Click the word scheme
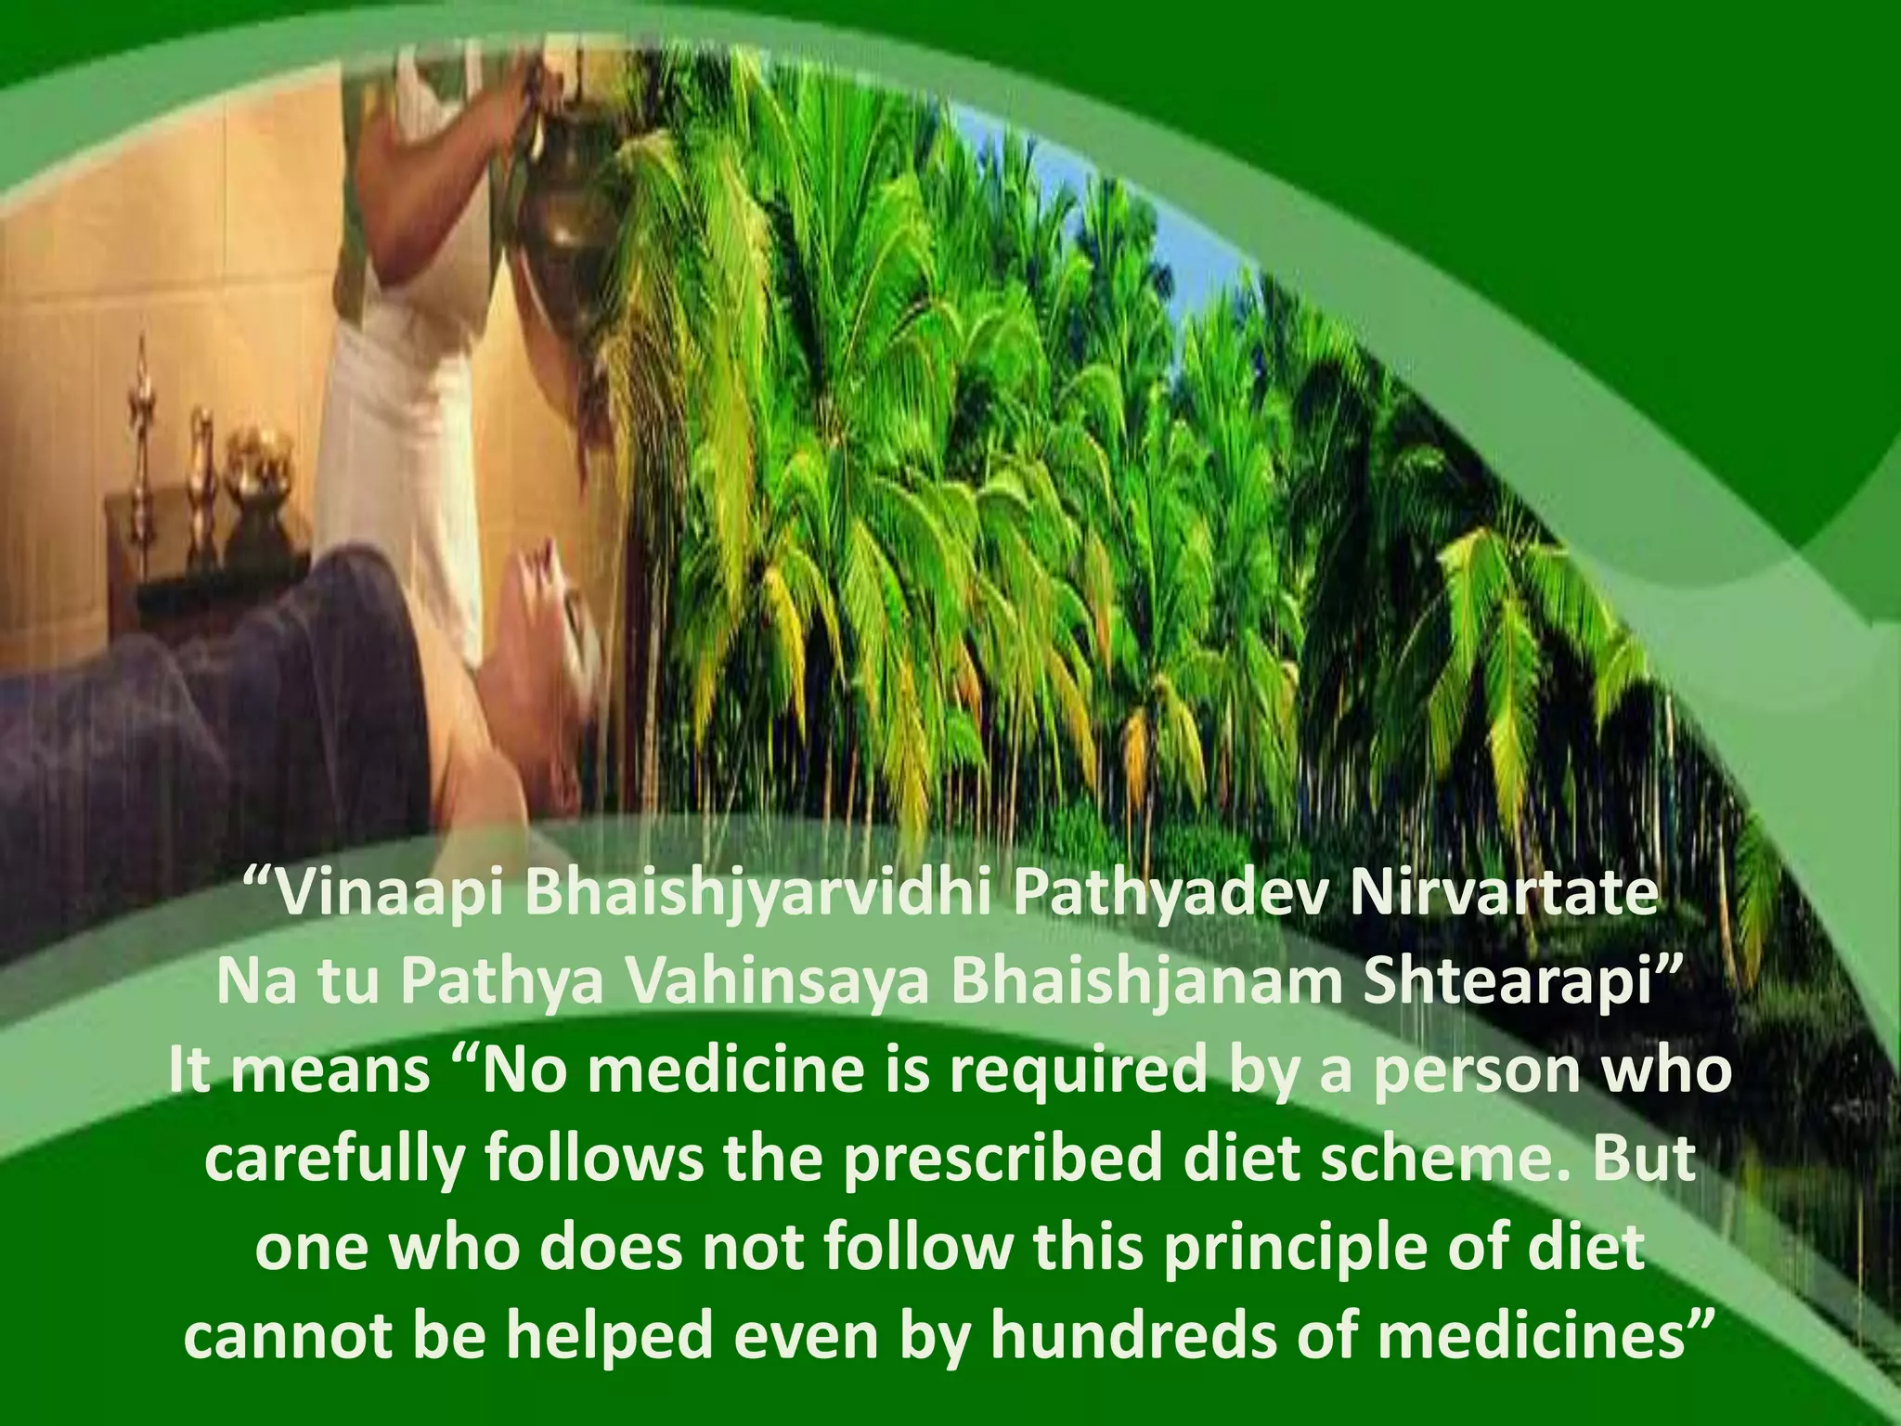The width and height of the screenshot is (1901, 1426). (1416, 1160)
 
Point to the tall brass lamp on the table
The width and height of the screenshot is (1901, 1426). (144, 436)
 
